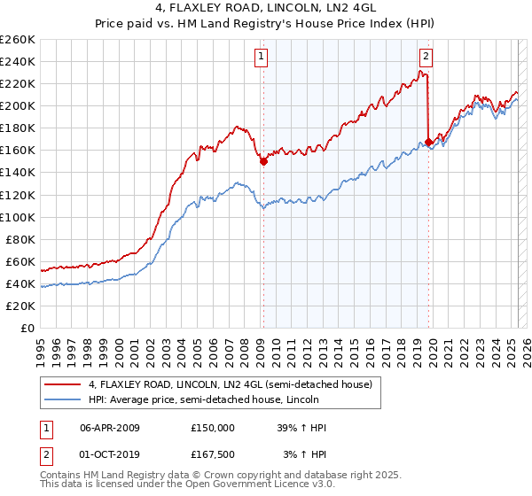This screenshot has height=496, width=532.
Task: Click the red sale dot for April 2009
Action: pyautogui.click(x=263, y=161)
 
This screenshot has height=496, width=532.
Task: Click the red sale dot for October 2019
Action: pyautogui.click(x=429, y=142)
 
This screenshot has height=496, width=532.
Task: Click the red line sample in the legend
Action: pyautogui.click(x=62, y=384)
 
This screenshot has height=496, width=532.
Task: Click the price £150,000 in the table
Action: pyautogui.click(x=213, y=427)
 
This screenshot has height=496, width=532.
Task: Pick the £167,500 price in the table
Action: pyautogui.click(x=213, y=453)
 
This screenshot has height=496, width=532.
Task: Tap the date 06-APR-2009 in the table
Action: pyautogui.click(x=110, y=427)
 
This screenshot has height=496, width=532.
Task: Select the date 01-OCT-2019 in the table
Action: pyautogui.click(x=110, y=453)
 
